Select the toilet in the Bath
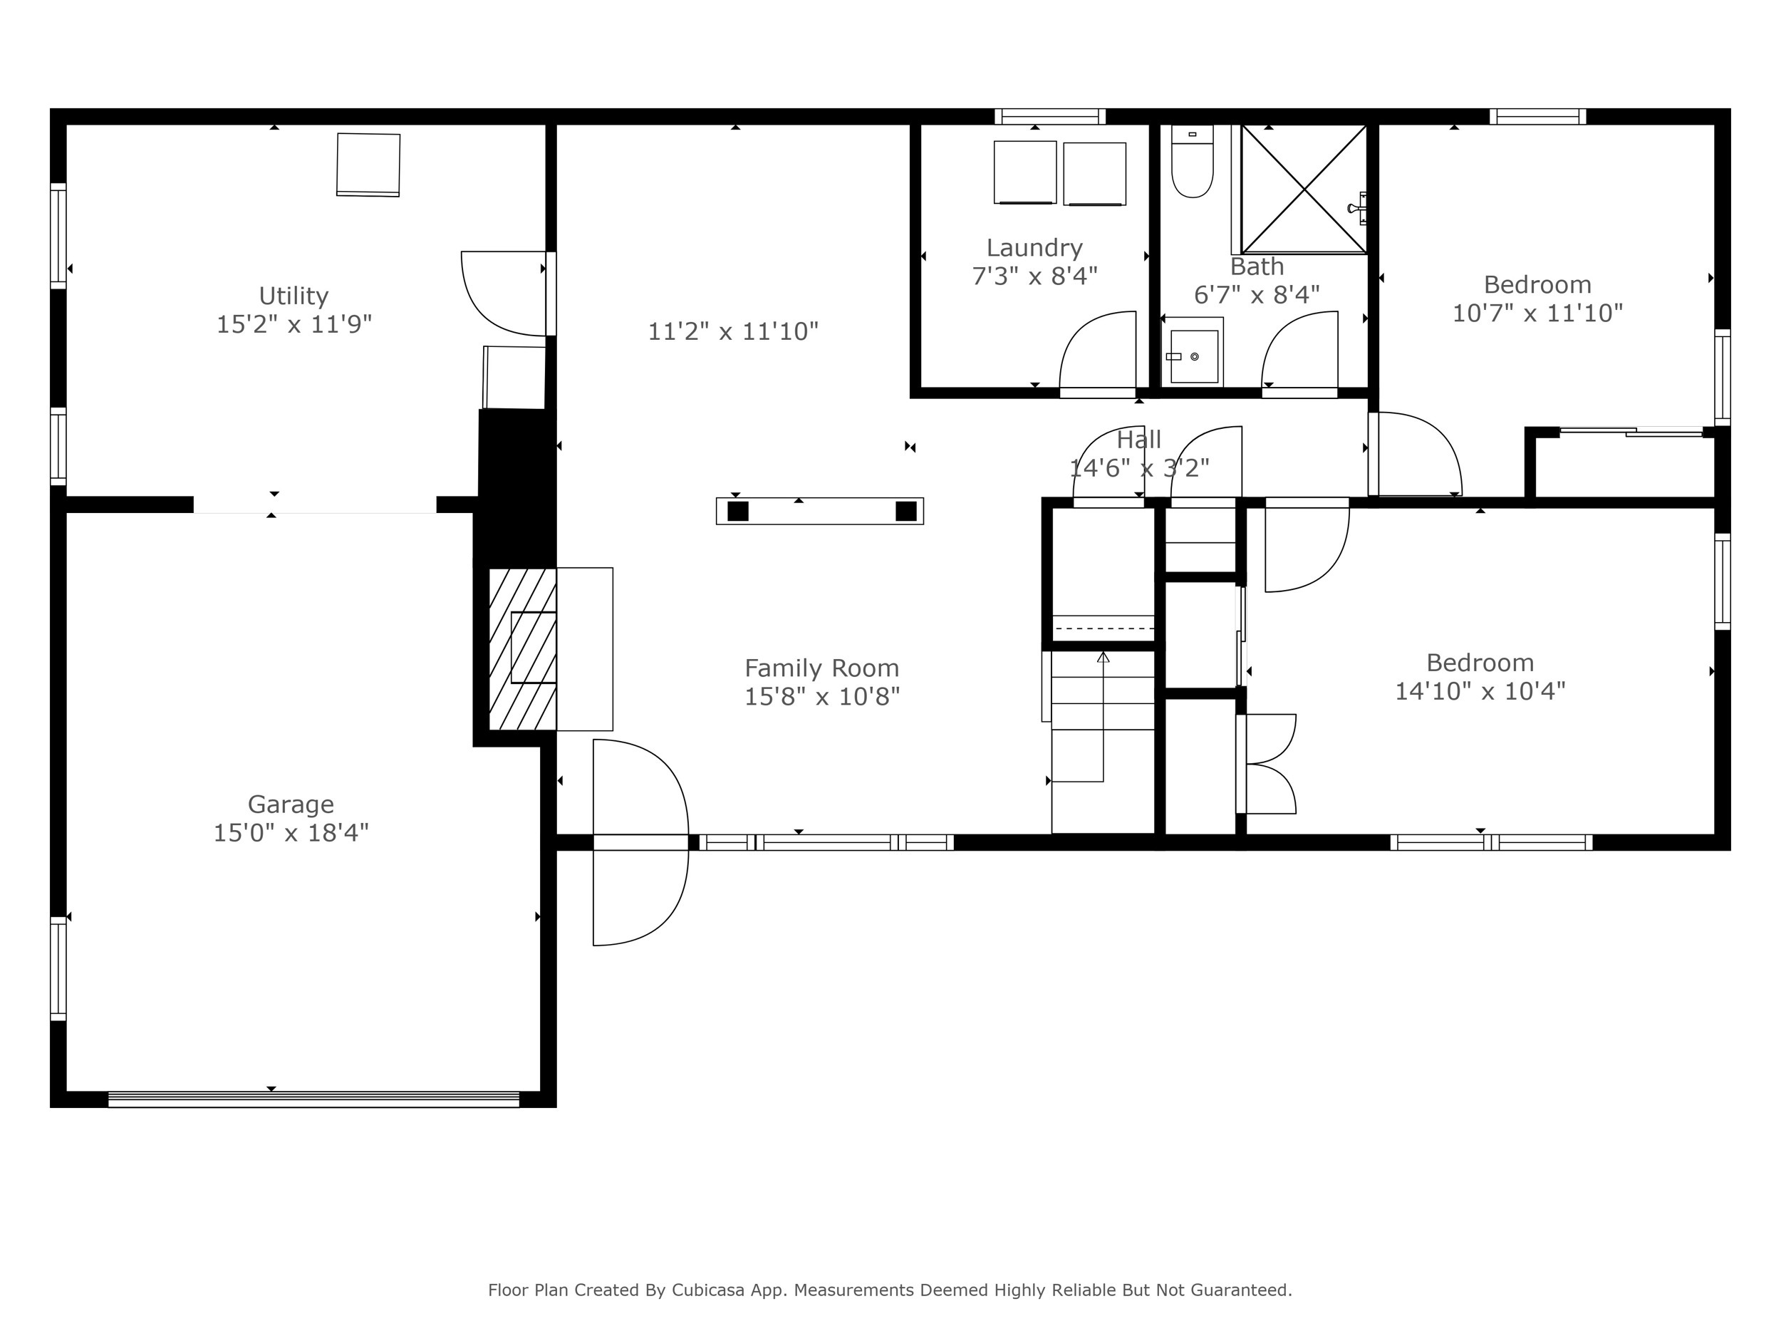point(1192,165)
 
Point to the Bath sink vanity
point(1193,353)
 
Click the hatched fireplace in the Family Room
point(522,649)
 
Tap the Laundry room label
point(1034,247)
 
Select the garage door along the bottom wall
point(314,1099)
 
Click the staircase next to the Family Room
point(1102,741)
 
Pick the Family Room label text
point(821,668)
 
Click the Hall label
point(1138,439)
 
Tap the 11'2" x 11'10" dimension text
point(732,331)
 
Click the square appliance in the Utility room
point(368,165)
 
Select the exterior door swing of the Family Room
point(640,842)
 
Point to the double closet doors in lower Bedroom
point(1270,763)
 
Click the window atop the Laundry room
point(1050,117)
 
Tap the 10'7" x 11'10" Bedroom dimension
point(1537,313)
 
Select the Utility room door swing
point(503,293)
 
